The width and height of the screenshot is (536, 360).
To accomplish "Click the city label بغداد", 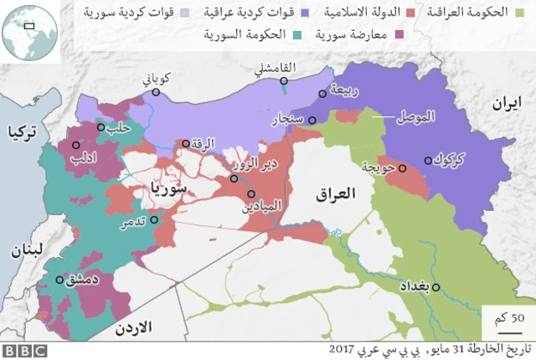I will [416, 287].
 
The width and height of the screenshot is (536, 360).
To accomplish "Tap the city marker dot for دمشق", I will [59, 280].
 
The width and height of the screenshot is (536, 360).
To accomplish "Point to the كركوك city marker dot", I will [429, 159].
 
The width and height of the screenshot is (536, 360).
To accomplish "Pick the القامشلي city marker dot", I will [285, 81].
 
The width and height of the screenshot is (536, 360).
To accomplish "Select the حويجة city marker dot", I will [403, 168].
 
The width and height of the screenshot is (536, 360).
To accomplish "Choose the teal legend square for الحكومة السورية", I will [300, 34].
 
